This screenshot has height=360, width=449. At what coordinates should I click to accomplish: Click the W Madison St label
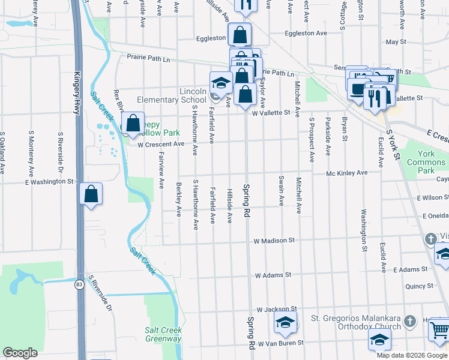click(274, 241)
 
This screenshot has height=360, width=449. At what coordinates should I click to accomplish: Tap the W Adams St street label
click(273, 275)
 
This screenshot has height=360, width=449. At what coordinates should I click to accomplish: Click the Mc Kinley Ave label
click(346, 173)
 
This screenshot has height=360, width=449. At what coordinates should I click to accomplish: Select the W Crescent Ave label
click(161, 145)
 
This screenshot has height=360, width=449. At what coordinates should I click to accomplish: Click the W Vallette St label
click(271, 112)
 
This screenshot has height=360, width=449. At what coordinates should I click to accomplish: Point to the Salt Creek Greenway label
click(163, 334)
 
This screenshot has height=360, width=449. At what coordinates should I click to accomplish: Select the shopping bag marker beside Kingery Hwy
click(91, 194)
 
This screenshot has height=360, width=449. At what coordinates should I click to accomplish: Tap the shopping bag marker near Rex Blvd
click(133, 124)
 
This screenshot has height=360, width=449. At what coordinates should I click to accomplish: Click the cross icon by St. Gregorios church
click(410, 322)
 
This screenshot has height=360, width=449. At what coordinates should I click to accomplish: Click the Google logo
click(20, 353)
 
